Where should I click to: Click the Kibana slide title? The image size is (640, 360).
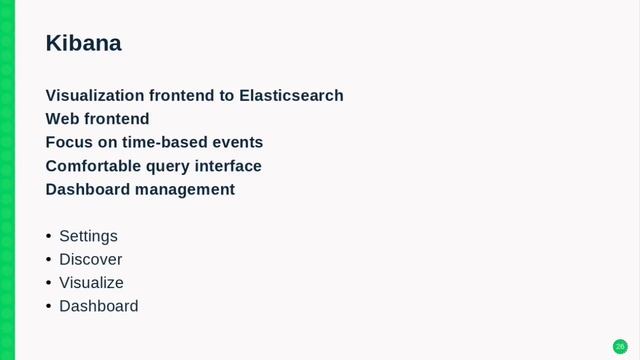(83, 43)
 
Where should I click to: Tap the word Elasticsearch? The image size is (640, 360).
(291, 96)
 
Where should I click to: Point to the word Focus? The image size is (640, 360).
(68, 142)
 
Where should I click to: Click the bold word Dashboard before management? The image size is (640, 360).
(88, 189)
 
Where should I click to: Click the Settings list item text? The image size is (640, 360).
(88, 236)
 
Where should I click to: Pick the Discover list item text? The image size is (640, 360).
(90, 259)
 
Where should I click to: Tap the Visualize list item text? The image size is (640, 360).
(91, 283)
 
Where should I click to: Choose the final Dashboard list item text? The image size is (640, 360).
(98, 306)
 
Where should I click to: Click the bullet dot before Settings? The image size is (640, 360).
(48, 236)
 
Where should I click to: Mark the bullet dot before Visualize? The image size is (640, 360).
(48, 283)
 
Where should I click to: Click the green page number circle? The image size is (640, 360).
(620, 346)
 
